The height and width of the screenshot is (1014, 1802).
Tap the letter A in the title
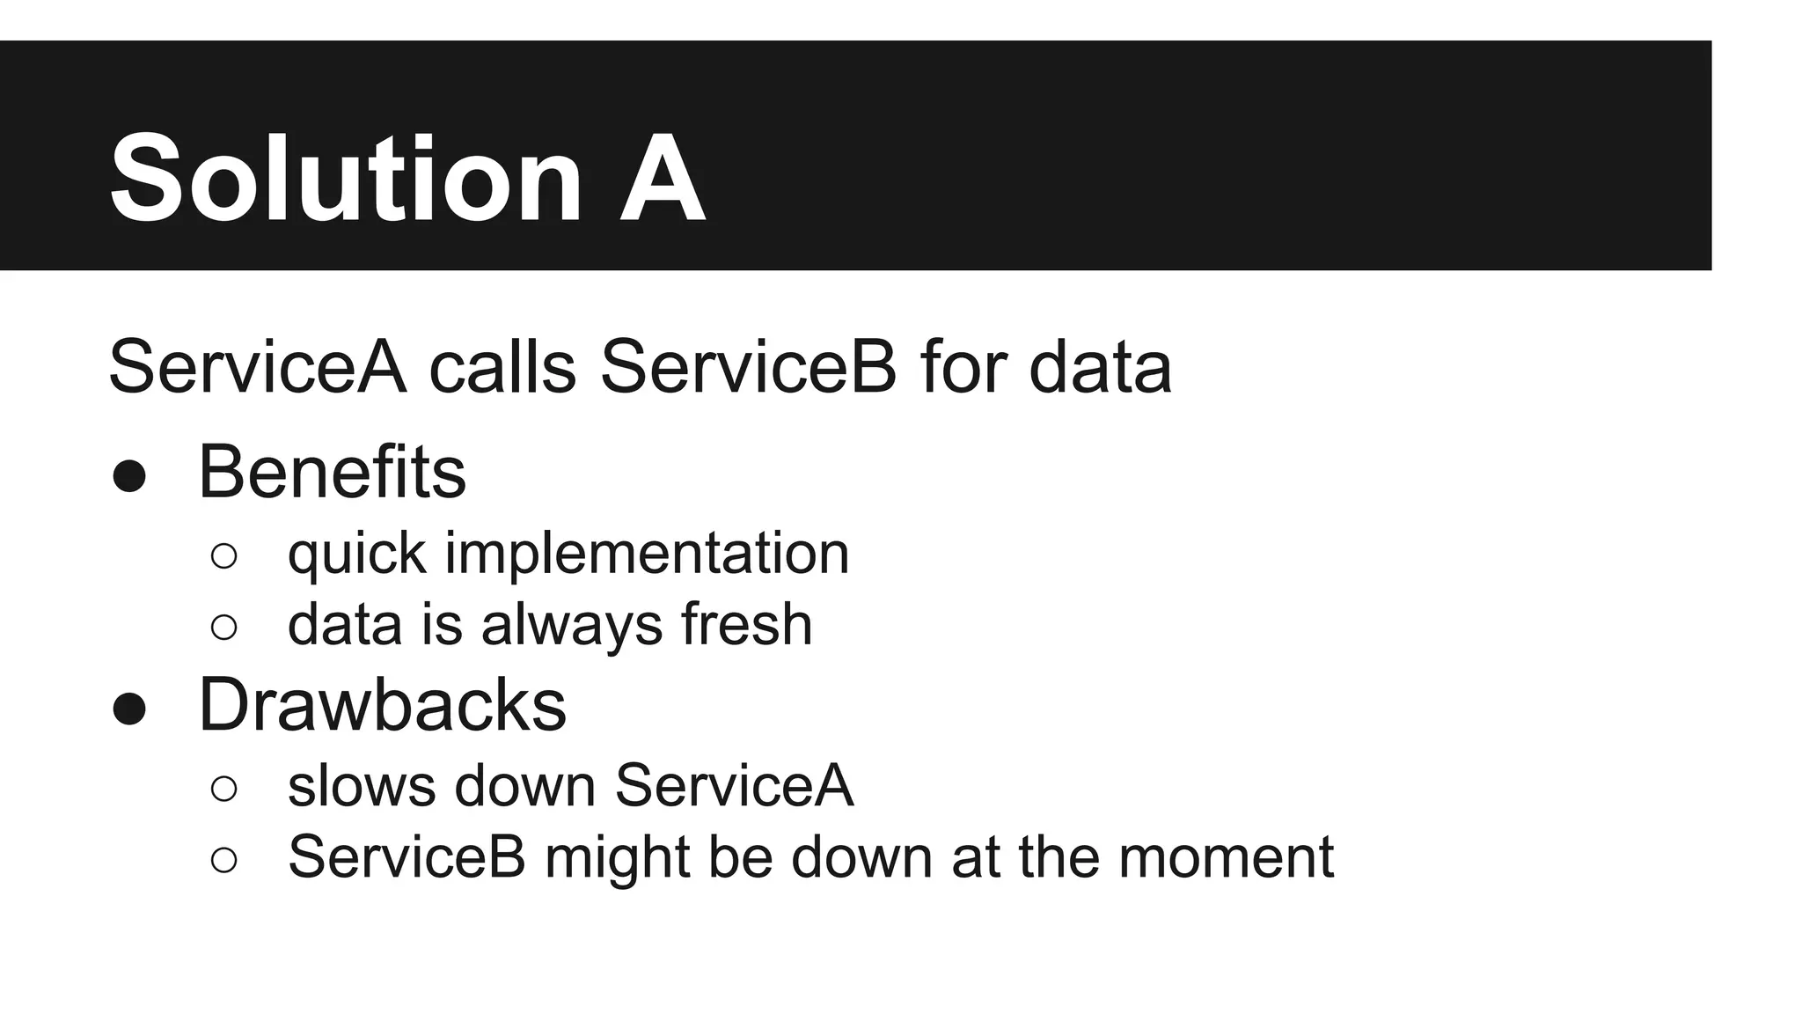662,179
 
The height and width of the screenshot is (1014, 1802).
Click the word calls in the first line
502,367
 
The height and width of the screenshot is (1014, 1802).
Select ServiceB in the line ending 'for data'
748,367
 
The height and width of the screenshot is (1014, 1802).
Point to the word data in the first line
1100,367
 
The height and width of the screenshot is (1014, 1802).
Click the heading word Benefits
332,473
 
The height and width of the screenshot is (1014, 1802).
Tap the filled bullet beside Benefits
129,476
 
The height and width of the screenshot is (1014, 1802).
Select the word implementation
647,555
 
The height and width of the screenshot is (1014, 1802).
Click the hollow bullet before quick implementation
224,556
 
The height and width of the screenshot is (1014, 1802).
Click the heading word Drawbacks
382,705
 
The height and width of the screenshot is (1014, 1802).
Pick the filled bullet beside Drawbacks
129,709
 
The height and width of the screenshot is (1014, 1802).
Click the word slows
362,785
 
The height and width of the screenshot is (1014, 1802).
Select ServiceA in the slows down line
734,785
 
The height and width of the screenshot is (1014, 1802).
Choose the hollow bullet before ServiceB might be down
224,859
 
